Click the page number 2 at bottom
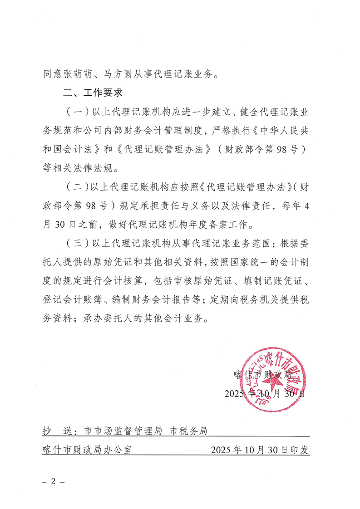pyautogui.click(x=53, y=482)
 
